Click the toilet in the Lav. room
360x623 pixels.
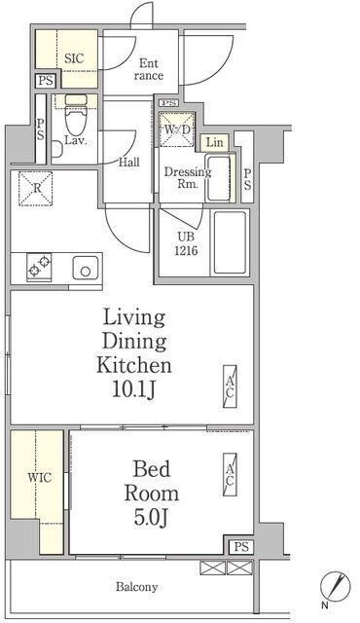pyautogui.click(x=76, y=114)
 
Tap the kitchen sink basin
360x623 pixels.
pyautogui.click(x=86, y=268)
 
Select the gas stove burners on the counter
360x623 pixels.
pyautogui.click(x=39, y=267)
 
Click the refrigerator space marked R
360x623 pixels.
pyautogui.click(x=36, y=189)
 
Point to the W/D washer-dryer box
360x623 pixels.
pyautogui.click(x=177, y=129)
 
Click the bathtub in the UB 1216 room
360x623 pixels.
pyautogui.click(x=230, y=242)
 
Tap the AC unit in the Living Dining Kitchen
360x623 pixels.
pyautogui.click(x=230, y=387)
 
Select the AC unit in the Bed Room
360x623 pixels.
pyautogui.click(x=230, y=474)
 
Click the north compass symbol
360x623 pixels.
pyautogui.click(x=336, y=586)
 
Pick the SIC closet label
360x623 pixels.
pyautogui.click(x=74, y=58)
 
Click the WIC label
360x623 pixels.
pyautogui.click(x=40, y=477)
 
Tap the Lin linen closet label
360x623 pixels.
pyautogui.click(x=215, y=142)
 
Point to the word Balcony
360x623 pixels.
pyautogui.click(x=136, y=587)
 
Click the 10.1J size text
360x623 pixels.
pyautogui.click(x=133, y=390)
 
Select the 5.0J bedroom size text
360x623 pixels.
pyautogui.click(x=151, y=518)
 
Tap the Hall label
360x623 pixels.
pyautogui.click(x=129, y=163)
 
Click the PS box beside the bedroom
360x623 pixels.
pyautogui.click(x=241, y=547)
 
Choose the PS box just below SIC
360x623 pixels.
pyautogui.click(x=46, y=81)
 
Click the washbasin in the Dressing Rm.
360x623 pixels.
pyautogui.click(x=218, y=178)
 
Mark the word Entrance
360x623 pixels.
pyautogui.click(x=149, y=69)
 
